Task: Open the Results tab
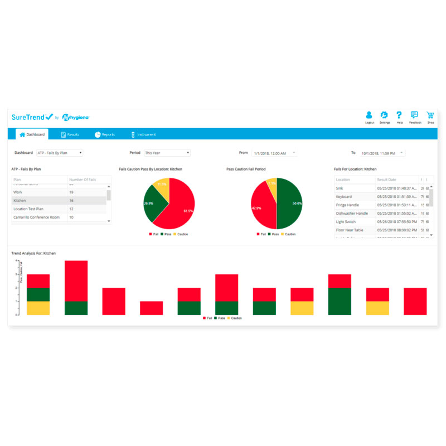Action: pyautogui.click(x=70, y=134)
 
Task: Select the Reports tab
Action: pyautogui.click(x=105, y=134)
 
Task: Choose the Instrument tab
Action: pyautogui.click(x=143, y=134)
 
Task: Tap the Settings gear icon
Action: pyautogui.click(x=384, y=115)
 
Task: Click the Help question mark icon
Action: pyautogui.click(x=399, y=115)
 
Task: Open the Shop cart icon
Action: pyautogui.click(x=430, y=115)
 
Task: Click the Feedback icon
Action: pyautogui.click(x=415, y=115)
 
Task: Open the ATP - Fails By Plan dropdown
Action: pyautogui.click(x=60, y=152)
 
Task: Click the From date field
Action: pyautogui.click(x=275, y=153)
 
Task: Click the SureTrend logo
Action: pyautogui.click(x=32, y=117)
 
